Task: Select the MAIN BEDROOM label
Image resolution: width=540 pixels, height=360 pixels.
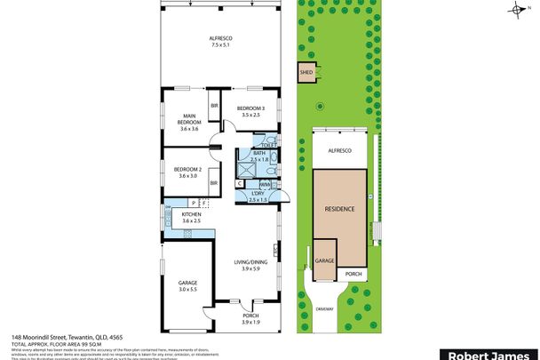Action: [x=188, y=116]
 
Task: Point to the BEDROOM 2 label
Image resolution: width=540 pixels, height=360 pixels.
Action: [x=187, y=169]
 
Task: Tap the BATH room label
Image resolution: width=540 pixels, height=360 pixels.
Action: [x=258, y=153]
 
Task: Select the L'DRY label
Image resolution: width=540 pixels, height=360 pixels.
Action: [x=258, y=193]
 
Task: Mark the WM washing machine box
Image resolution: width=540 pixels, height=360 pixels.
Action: [x=264, y=183]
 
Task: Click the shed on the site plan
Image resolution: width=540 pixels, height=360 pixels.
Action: [x=306, y=74]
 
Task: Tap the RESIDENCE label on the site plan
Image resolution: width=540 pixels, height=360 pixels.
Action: [x=339, y=208]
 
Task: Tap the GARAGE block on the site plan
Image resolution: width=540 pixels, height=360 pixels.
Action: [x=324, y=260]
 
